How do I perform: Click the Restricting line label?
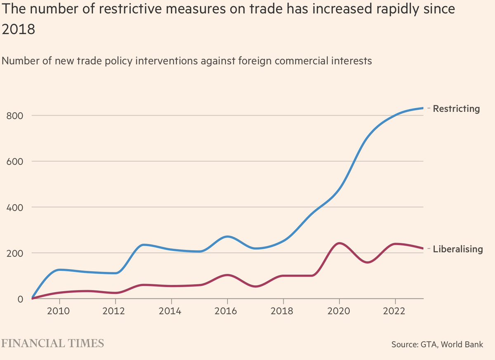click(456, 109)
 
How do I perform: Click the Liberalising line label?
click(457, 249)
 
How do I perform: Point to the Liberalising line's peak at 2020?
click(339, 243)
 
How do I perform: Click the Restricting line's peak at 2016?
click(227, 236)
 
